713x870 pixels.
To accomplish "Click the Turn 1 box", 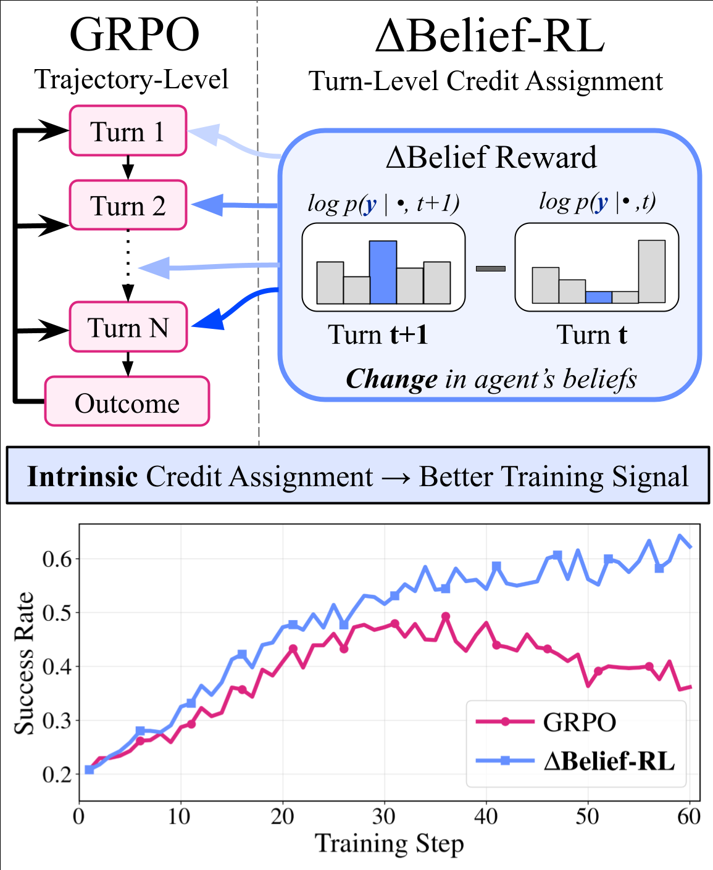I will click(x=128, y=131).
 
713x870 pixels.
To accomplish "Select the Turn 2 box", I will click(x=128, y=205).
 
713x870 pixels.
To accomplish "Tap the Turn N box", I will click(x=128, y=327).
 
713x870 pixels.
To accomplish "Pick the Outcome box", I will click(x=127, y=402).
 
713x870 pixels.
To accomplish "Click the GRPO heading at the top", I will click(x=134, y=35).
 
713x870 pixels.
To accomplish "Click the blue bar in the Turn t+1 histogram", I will click(x=383, y=272).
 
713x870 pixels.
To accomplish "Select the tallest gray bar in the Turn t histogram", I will click(x=651, y=271).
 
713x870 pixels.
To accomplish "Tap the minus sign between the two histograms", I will click(x=491, y=268).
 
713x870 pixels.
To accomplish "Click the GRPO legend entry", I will click(x=578, y=722).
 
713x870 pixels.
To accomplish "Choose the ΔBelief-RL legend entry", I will click(x=609, y=761).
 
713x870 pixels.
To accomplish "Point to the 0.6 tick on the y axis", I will click(x=57, y=559).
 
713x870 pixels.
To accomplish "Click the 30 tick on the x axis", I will click(x=384, y=817).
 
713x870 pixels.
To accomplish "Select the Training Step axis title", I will click(x=389, y=843).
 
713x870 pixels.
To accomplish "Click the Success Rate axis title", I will click(x=25, y=663).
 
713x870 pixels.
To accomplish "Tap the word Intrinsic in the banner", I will click(x=82, y=476).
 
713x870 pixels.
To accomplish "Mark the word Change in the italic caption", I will click(x=391, y=379).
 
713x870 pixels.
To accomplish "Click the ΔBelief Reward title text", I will click(x=491, y=157).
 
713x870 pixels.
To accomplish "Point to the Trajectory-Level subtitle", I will click(x=131, y=79).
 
